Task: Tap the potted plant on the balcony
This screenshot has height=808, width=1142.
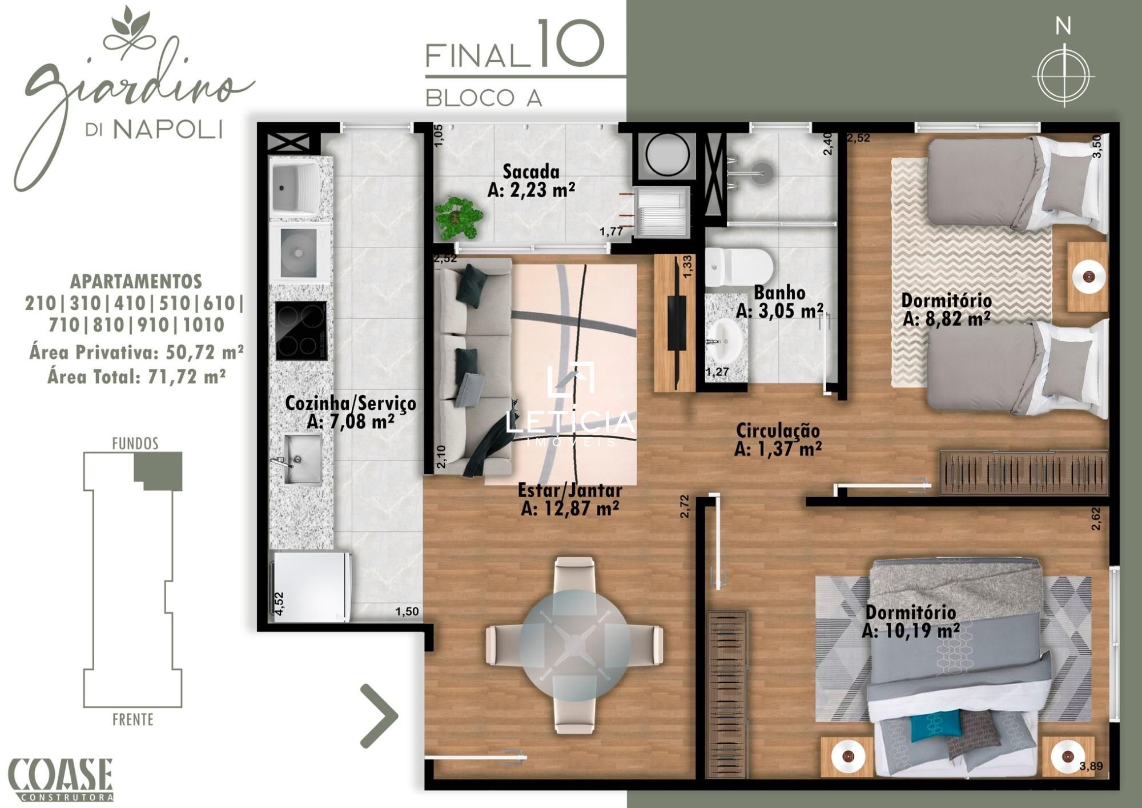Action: [458, 218]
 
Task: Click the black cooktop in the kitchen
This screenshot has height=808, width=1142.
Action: [301, 331]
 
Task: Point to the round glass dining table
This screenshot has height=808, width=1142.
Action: [574, 646]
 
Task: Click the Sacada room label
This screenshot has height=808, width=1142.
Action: [531, 181]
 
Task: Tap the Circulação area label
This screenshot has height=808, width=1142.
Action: [778, 439]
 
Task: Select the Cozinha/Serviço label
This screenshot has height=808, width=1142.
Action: [350, 412]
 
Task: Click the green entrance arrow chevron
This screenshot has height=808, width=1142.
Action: [379, 715]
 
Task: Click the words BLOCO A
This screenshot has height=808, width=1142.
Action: [484, 98]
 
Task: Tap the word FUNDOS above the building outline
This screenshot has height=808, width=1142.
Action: [135, 443]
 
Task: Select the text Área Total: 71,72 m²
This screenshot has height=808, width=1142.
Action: [136, 377]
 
